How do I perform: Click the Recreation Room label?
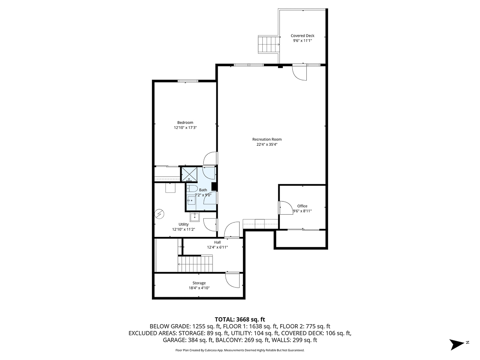coord(264,139)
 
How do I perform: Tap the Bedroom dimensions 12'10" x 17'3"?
coord(185,128)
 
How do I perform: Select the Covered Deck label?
coord(302,36)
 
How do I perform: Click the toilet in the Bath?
coord(191,189)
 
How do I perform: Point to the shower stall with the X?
coord(189,174)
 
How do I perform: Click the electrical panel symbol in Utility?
coord(160,214)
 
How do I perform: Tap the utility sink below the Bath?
coord(195,217)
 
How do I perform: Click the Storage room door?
coord(233,279)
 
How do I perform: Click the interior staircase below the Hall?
coord(195,263)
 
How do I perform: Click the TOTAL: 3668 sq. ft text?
coord(240,319)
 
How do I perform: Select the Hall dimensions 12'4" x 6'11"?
coord(217,247)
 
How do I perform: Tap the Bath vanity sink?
coord(191,201)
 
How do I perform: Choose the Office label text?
coord(302,206)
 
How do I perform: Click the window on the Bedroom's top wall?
coord(188,81)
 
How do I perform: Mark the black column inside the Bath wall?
coord(214,187)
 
